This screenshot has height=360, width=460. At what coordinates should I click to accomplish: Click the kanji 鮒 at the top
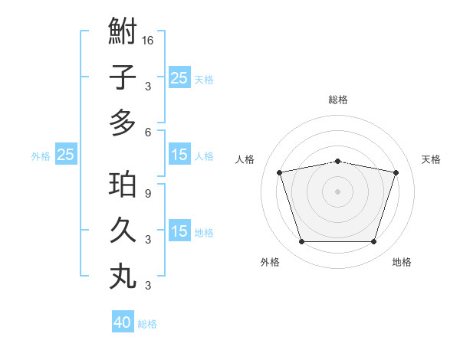click(x=123, y=32)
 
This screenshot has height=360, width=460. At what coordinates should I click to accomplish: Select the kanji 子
click(x=123, y=77)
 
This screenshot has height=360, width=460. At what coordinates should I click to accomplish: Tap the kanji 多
click(x=123, y=123)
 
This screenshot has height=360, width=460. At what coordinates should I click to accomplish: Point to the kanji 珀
click(x=123, y=185)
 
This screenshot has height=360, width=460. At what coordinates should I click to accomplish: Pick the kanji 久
click(x=123, y=231)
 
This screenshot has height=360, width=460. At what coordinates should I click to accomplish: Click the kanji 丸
click(x=123, y=276)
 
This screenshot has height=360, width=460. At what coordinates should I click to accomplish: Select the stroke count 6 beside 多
click(x=148, y=132)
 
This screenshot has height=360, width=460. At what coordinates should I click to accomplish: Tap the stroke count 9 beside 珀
click(x=148, y=194)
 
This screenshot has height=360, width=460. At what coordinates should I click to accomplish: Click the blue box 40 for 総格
click(x=123, y=322)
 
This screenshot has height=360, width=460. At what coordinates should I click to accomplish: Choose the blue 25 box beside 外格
click(x=65, y=155)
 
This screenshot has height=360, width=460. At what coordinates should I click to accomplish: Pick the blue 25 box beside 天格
click(x=179, y=77)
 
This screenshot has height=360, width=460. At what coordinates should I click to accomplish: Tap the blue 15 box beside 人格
click(x=179, y=155)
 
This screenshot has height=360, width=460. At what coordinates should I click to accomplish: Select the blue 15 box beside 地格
click(x=179, y=231)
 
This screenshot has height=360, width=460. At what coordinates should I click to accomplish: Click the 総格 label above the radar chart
click(x=338, y=100)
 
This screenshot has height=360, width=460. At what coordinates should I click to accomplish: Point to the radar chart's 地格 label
click(x=402, y=262)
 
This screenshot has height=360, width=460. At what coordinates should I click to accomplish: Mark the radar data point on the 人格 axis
click(x=279, y=172)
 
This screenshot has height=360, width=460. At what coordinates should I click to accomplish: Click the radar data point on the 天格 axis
click(x=396, y=172)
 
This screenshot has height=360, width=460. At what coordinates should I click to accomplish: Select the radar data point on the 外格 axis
click(x=301, y=242)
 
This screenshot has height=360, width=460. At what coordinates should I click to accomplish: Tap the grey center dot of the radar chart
click(x=338, y=191)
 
